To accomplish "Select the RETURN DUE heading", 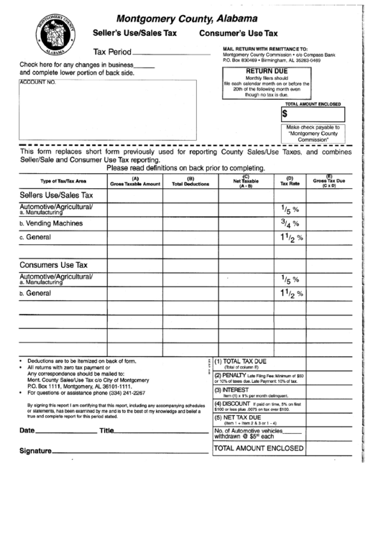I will [x=267, y=73].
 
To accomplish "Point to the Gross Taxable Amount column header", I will [x=135, y=182].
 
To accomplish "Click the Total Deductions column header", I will [x=190, y=182].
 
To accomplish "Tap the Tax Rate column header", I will [x=289, y=182].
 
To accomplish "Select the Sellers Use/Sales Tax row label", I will [x=57, y=195].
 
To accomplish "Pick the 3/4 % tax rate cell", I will [x=289, y=223].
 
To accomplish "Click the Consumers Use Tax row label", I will [x=53, y=264].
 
